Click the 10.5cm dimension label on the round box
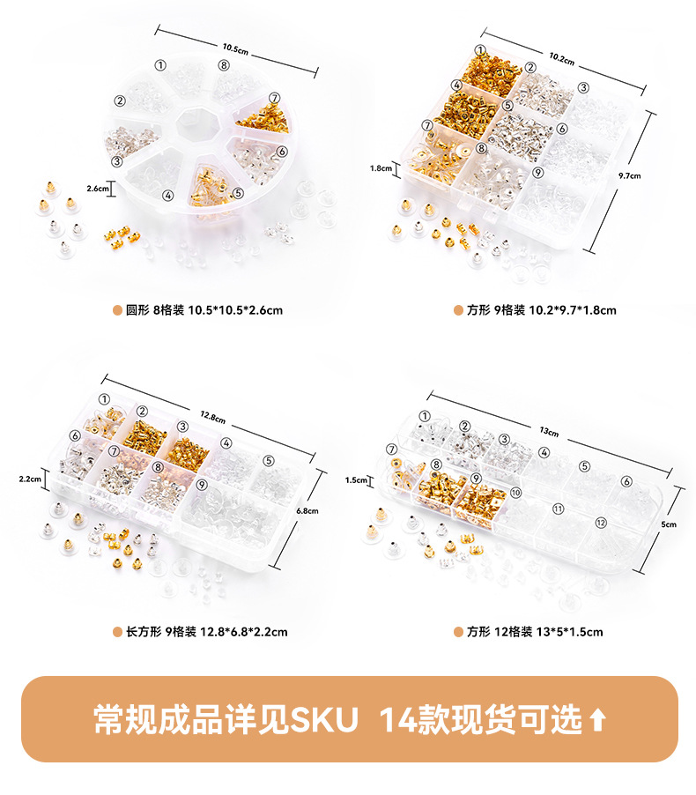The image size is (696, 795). (235, 48)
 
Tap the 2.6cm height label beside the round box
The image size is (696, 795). (97, 189)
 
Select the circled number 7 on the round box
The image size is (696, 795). (274, 98)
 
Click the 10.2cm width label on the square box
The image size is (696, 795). (562, 59)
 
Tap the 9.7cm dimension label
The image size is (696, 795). (629, 176)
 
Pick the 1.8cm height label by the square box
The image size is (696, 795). (381, 168)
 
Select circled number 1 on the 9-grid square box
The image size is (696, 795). (480, 50)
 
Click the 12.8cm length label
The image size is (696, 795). (213, 417)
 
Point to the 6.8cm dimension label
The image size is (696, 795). (307, 511)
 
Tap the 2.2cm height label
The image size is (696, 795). (30, 479)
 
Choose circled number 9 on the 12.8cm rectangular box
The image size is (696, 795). (202, 485)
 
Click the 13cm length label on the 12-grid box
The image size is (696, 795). (549, 432)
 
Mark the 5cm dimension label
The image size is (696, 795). (669, 524)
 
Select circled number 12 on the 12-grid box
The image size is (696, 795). (601, 523)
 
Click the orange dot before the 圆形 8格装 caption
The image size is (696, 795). (117, 310)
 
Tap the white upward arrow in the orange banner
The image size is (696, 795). (598, 720)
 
